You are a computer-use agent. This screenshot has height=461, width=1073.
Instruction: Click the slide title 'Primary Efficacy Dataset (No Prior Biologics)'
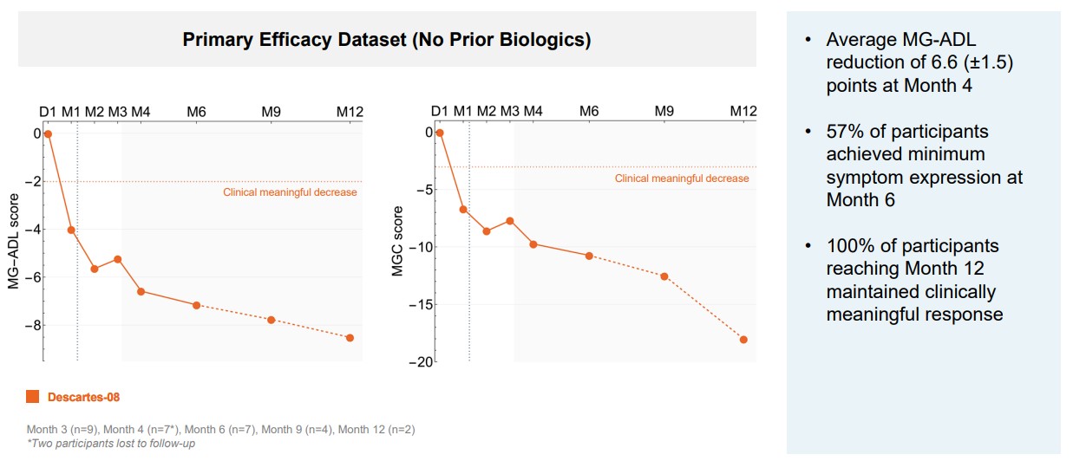point(387,40)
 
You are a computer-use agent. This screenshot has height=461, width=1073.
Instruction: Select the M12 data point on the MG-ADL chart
point(350,338)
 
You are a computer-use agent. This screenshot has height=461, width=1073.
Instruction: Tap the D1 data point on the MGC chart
point(440,133)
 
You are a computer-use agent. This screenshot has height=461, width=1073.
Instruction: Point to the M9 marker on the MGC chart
point(664,276)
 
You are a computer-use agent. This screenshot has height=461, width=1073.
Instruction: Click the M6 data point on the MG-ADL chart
point(197,305)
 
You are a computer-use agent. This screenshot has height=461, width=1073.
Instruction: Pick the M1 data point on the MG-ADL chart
point(71,230)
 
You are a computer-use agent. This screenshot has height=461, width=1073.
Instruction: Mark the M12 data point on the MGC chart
point(743,340)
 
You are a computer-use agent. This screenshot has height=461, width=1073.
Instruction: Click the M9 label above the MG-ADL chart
point(272,112)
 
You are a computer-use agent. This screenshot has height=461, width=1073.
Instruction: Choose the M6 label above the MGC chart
point(589,112)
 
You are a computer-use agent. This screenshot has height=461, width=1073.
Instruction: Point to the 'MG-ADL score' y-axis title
point(15,249)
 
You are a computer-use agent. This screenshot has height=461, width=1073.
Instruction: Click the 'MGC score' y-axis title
point(398,242)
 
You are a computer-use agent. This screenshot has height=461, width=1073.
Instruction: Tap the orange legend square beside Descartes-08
point(33,397)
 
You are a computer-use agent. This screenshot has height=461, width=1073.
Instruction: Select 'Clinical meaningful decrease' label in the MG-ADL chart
point(290,192)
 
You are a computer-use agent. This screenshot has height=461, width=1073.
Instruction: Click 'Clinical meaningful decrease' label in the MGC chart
point(682,179)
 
